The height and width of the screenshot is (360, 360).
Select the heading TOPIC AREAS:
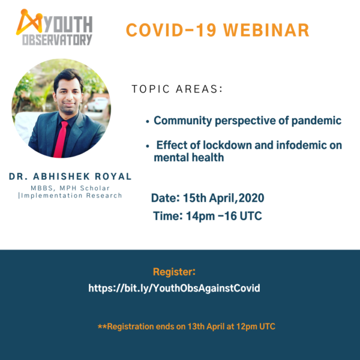[177, 89]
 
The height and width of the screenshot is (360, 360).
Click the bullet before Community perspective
[148, 121]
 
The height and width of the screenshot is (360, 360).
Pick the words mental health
[189, 158]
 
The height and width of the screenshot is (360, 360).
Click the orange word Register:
[175, 271]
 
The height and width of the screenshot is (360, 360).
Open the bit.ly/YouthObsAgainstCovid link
[174, 288]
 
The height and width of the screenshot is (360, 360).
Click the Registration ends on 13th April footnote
[186, 327]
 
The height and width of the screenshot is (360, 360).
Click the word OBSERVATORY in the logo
[58, 40]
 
